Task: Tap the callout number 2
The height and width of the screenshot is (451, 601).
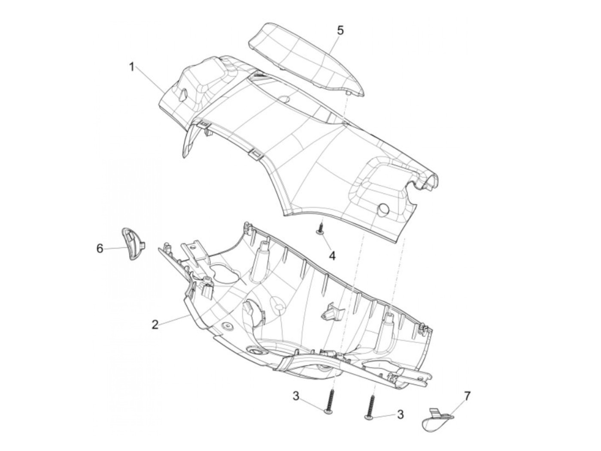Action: point(155,325)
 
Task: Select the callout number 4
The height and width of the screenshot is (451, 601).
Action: point(332,256)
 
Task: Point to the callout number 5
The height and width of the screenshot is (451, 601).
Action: point(340,30)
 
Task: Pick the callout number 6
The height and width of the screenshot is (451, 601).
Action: point(100,248)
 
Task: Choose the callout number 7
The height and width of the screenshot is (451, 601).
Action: point(467,396)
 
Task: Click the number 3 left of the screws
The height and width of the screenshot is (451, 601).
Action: point(296,396)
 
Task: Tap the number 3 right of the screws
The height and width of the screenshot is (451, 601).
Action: point(400,414)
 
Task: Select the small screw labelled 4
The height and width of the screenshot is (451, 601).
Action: point(320,228)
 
